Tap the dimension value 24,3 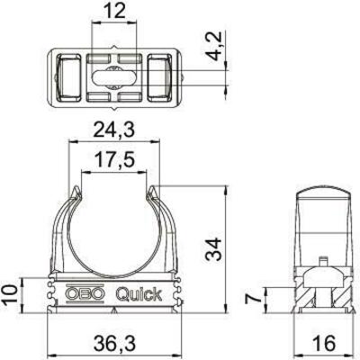[112, 131]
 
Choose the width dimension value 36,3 [112, 343]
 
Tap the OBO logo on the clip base [83, 293]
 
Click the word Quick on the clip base [136, 293]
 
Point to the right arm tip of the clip [155, 190]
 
